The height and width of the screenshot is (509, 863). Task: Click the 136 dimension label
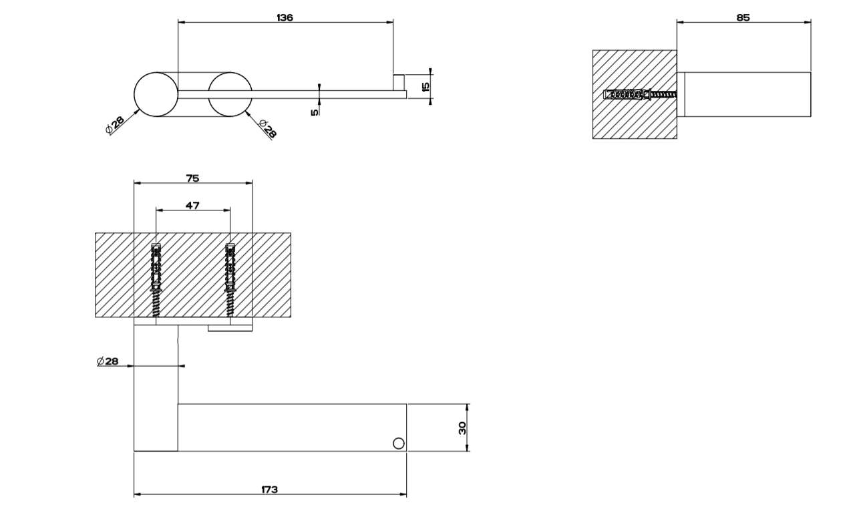[x=285, y=18]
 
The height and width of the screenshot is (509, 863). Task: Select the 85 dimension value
[x=743, y=18]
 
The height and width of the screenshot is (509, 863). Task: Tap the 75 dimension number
[x=192, y=178]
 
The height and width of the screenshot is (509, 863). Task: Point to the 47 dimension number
[x=192, y=206]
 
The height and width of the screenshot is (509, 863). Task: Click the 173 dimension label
[x=270, y=490]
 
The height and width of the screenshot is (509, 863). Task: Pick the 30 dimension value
[x=462, y=428]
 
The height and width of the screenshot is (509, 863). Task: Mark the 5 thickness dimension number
[x=315, y=112]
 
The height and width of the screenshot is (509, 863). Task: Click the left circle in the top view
[x=155, y=94]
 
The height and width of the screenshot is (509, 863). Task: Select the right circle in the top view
[x=230, y=94]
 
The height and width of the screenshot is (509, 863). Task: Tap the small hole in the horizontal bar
[x=399, y=442]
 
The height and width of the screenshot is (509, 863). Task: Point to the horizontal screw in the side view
[x=639, y=94]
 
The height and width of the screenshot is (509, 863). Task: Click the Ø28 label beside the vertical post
[x=107, y=361]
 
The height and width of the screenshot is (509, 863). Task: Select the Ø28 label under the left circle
[x=115, y=125]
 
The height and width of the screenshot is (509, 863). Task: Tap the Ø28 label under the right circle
[x=267, y=128]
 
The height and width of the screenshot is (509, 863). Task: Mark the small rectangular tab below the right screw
[x=230, y=327]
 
